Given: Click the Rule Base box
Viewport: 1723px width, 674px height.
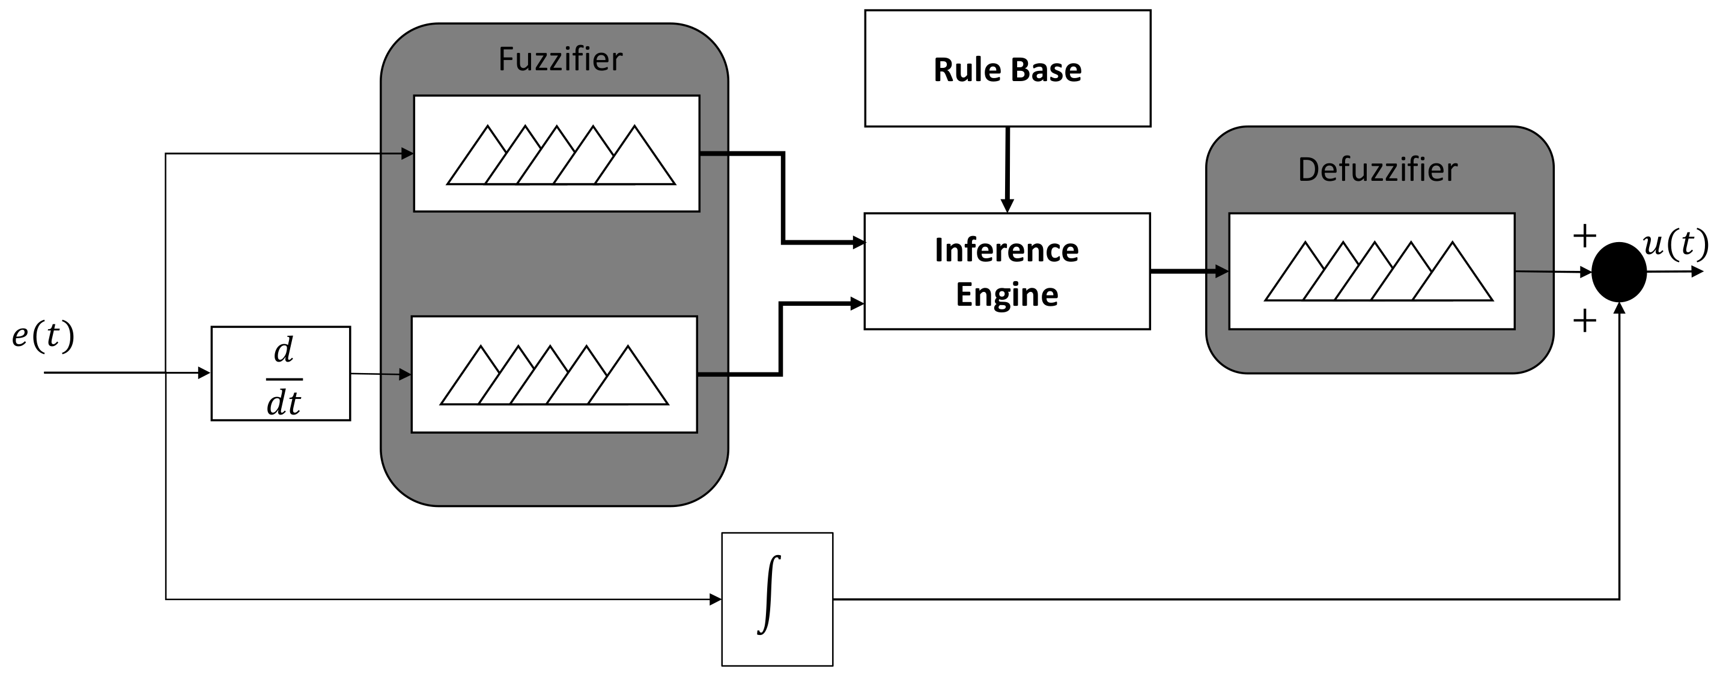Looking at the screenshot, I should pyautogui.click(x=1007, y=68).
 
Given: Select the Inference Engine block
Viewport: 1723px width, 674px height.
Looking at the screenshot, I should pyautogui.click(x=1007, y=272).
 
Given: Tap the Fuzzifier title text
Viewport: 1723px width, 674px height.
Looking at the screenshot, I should pyautogui.click(x=560, y=59).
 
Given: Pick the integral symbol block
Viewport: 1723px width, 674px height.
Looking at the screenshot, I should pyautogui.click(x=777, y=599).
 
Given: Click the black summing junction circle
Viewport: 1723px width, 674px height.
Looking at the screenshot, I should pyautogui.click(x=1618, y=272).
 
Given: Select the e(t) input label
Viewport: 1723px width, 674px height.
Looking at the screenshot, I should pyautogui.click(x=43, y=336).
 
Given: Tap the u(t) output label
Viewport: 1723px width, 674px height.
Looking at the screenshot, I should pyautogui.click(x=1675, y=243).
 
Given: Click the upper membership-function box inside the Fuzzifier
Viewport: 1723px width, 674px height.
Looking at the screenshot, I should pyautogui.click(x=556, y=154).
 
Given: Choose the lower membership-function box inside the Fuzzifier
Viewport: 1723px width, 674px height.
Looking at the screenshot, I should pyautogui.click(x=554, y=374).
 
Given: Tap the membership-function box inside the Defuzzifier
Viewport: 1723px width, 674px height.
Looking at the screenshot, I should pyautogui.click(x=1372, y=272).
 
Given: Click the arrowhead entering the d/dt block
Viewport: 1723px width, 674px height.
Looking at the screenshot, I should pyautogui.click(x=205, y=373).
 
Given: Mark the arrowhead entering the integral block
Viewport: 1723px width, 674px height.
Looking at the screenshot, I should pyautogui.click(x=716, y=600).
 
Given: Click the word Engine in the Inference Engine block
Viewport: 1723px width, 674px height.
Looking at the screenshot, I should pyautogui.click(x=1007, y=295).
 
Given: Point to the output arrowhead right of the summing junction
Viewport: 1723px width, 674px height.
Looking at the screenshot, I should pyautogui.click(x=1697, y=272).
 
